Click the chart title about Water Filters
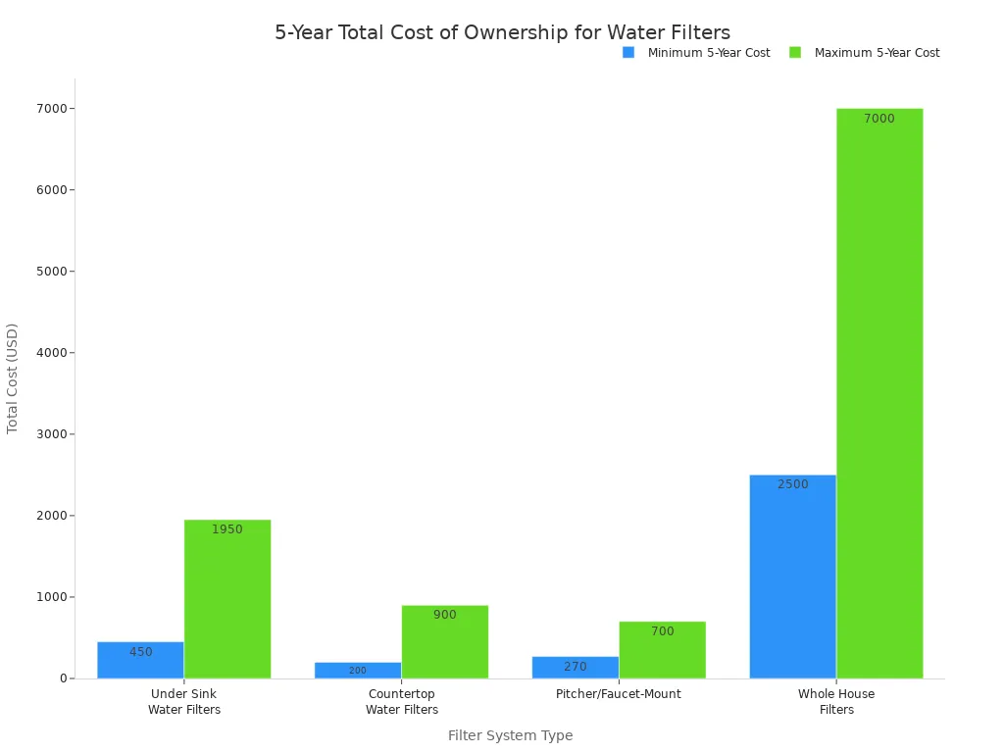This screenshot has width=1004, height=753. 502,33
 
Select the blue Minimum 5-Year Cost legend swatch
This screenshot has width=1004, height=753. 628,53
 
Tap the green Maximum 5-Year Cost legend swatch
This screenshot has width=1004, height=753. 795,53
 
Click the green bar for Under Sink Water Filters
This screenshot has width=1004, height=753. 227,599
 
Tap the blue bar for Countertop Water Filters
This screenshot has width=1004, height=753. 358,671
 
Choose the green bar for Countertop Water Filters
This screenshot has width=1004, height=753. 445,642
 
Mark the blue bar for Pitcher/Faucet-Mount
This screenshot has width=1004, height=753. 576,668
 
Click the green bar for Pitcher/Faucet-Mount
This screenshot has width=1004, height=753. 662,650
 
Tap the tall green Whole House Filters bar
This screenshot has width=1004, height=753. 879,393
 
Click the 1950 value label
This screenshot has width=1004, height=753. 227,529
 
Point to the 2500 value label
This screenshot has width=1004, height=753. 792,484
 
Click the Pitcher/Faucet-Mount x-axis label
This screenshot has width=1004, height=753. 618,694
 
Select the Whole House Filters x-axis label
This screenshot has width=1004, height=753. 836,702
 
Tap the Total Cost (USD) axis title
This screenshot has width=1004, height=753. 13,378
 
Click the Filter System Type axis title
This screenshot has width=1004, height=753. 510,735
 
